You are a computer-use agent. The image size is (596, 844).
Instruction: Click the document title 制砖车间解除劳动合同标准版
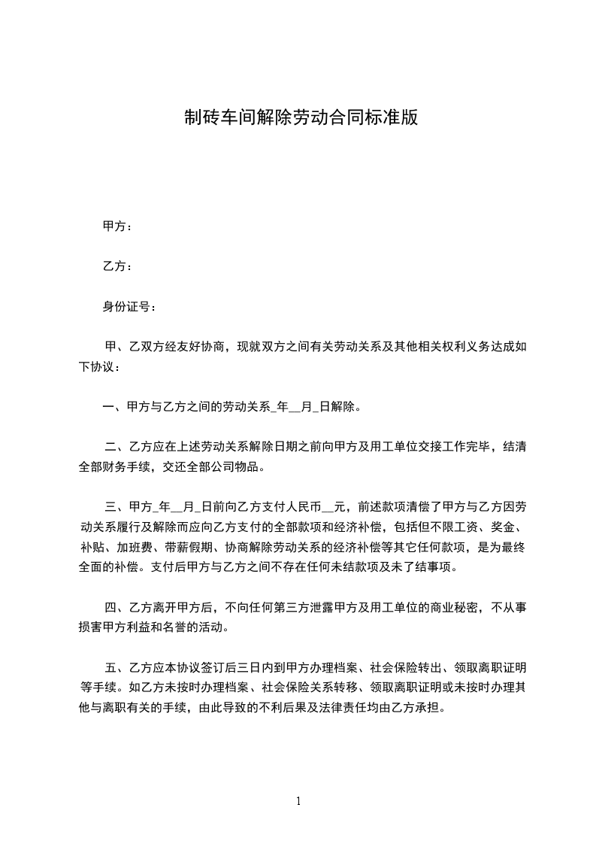pos(301,117)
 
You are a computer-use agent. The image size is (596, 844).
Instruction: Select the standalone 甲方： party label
pos(117,226)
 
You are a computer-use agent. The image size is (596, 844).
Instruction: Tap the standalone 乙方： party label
pos(117,266)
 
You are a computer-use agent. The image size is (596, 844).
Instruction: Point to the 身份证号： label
pos(130,307)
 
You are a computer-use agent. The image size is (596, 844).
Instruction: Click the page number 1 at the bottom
pos(298,801)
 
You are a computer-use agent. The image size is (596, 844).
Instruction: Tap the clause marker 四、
pos(117,606)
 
